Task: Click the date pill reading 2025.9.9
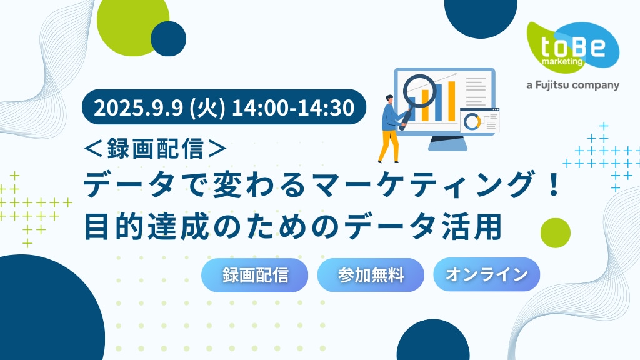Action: (x=224, y=107)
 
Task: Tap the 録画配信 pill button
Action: (x=255, y=275)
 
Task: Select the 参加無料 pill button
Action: (x=371, y=275)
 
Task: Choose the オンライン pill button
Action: (x=486, y=275)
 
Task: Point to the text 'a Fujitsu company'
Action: (x=572, y=85)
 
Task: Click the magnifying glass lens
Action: (x=419, y=91)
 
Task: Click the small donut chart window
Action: (x=479, y=121)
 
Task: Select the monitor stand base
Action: (x=447, y=144)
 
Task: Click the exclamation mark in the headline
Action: (x=554, y=185)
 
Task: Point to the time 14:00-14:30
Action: (x=293, y=107)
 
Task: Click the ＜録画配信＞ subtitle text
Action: (x=155, y=148)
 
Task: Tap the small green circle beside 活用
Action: (x=555, y=232)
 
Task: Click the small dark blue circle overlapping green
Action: (x=169, y=39)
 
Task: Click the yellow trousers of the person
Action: (x=389, y=145)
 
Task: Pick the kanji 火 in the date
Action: (x=208, y=107)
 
